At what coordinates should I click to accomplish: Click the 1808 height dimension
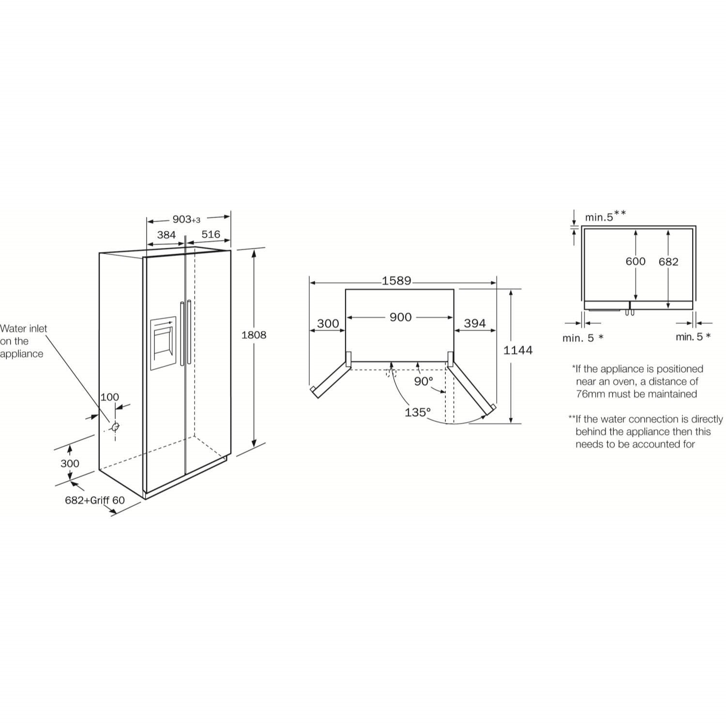(254, 335)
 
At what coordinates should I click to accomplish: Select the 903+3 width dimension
(186, 220)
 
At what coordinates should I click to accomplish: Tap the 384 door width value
(166, 235)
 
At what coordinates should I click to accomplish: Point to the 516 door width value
(211, 235)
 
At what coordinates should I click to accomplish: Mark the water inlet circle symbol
(115, 427)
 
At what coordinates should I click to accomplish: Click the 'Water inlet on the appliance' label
(23, 341)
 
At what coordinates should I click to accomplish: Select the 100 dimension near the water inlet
(109, 397)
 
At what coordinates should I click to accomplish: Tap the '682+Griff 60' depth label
(95, 500)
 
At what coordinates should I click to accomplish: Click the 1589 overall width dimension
(396, 281)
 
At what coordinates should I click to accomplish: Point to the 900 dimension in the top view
(400, 318)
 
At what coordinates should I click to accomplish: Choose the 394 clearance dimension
(474, 323)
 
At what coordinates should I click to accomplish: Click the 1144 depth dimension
(517, 350)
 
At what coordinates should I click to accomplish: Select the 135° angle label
(417, 412)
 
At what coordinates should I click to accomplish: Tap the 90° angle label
(423, 381)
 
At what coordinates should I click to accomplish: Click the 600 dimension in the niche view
(635, 261)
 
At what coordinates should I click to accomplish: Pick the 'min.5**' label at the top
(605, 216)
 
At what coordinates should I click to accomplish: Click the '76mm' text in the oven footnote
(590, 394)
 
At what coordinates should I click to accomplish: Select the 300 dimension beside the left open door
(328, 324)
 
